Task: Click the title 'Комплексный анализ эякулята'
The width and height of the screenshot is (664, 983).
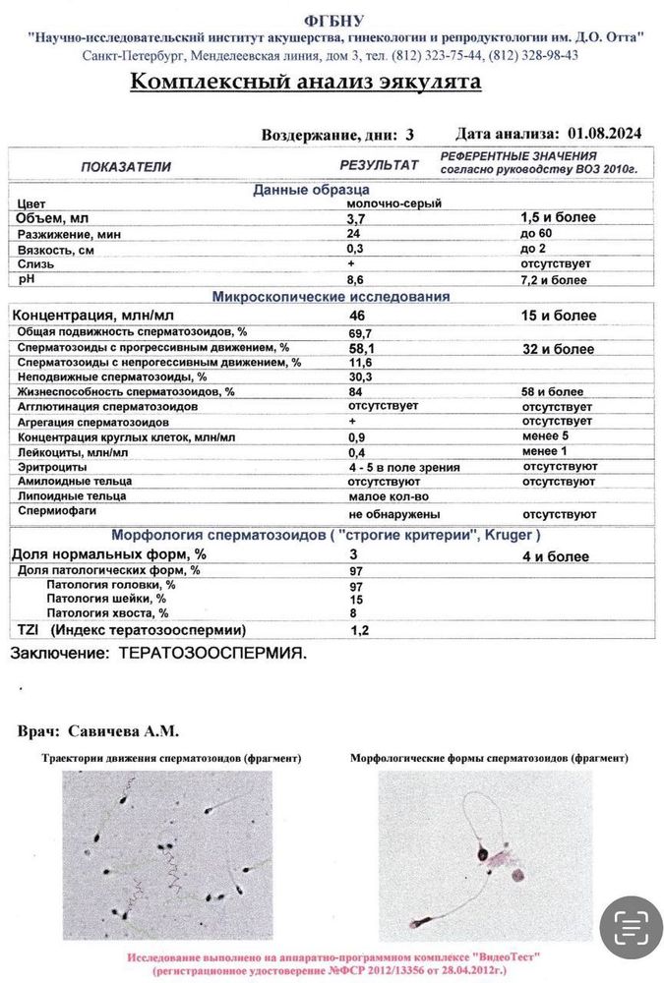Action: pyautogui.click(x=305, y=82)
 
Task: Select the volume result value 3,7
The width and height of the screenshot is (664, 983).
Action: pyautogui.click(x=356, y=218)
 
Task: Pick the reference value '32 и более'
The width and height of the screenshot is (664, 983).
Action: pyautogui.click(x=558, y=349)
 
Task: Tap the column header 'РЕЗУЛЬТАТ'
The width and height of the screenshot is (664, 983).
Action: pyautogui.click(x=379, y=165)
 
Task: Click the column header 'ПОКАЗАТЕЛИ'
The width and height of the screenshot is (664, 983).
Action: pyautogui.click(x=126, y=166)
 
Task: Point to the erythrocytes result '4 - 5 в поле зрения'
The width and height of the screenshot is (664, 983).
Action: pyautogui.click(x=403, y=468)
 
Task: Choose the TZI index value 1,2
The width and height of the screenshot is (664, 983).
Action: pyautogui.click(x=361, y=630)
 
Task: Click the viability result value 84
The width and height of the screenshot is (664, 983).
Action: pyautogui.click(x=355, y=391)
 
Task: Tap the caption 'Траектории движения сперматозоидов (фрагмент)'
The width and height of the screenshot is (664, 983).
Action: pyautogui.click(x=171, y=759)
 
